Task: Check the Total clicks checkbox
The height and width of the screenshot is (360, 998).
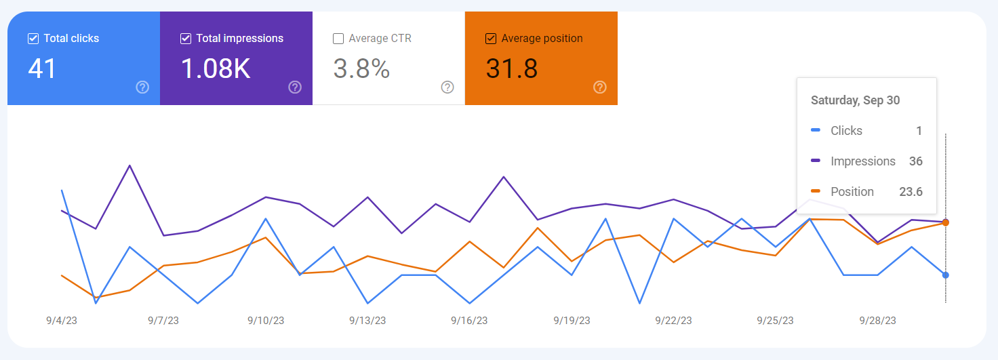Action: [33, 39]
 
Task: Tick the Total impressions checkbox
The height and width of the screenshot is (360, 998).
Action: [186, 39]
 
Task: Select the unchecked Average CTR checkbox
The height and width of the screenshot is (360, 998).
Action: [338, 39]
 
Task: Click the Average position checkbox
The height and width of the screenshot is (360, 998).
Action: [491, 39]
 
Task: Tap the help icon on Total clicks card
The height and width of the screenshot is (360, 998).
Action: [142, 87]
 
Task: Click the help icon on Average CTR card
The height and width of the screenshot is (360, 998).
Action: [447, 87]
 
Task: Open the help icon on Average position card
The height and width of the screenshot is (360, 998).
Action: [600, 87]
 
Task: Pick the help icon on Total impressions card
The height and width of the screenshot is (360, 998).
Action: [295, 87]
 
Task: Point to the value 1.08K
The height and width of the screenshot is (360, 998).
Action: [216, 68]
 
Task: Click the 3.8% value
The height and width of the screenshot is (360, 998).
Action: [361, 68]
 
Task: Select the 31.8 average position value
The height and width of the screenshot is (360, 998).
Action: [512, 68]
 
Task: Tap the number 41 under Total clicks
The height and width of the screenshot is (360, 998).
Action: [42, 68]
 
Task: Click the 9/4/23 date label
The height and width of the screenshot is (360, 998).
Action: [62, 321]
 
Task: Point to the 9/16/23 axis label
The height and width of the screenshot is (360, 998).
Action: [469, 321]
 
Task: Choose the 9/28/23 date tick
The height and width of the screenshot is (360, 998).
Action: [877, 321]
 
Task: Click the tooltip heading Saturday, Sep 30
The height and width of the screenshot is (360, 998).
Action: [856, 100]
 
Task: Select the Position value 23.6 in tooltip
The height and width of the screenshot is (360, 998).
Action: [911, 192]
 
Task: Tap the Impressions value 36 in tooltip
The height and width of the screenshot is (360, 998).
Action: [915, 161]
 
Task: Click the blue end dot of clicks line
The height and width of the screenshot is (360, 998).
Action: [946, 275]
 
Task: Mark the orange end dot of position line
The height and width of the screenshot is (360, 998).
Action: [946, 222]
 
